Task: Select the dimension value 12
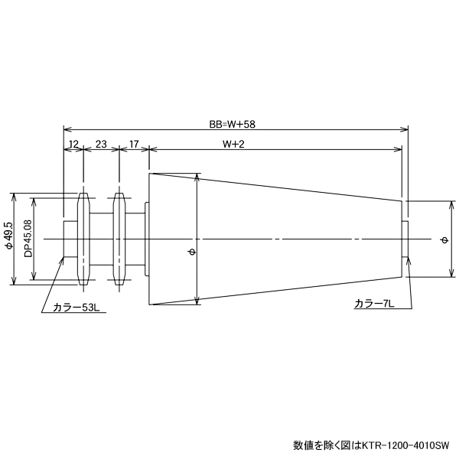(x=73, y=143)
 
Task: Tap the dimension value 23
(x=101, y=143)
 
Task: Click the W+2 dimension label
(x=233, y=143)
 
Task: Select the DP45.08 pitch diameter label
(x=28, y=239)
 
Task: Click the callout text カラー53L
(x=73, y=308)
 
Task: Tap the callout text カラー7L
(x=373, y=304)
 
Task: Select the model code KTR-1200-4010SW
(x=408, y=444)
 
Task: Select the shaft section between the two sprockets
(x=102, y=239)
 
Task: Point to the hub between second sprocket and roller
(x=136, y=239)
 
